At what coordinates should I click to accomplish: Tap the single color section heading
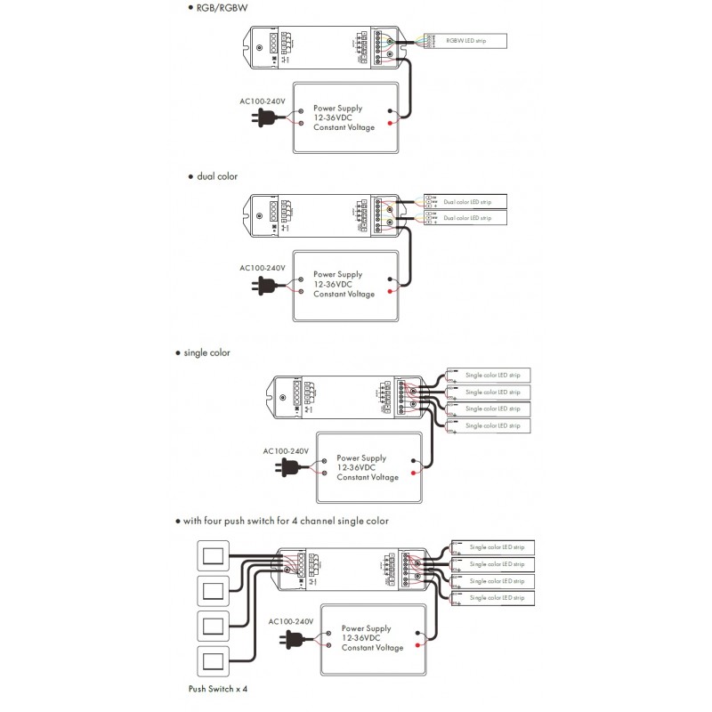pos(206,352)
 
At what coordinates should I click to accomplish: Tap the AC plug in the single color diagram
pos(286,465)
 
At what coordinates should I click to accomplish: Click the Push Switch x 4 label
pos(217,688)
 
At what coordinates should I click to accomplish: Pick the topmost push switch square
pos(213,557)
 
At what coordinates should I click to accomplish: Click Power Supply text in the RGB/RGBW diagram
pos(337,108)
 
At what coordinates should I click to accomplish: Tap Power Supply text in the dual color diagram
pos(337,275)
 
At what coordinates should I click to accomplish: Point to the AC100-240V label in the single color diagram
pos(286,451)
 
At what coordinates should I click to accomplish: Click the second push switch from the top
pos(213,591)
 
